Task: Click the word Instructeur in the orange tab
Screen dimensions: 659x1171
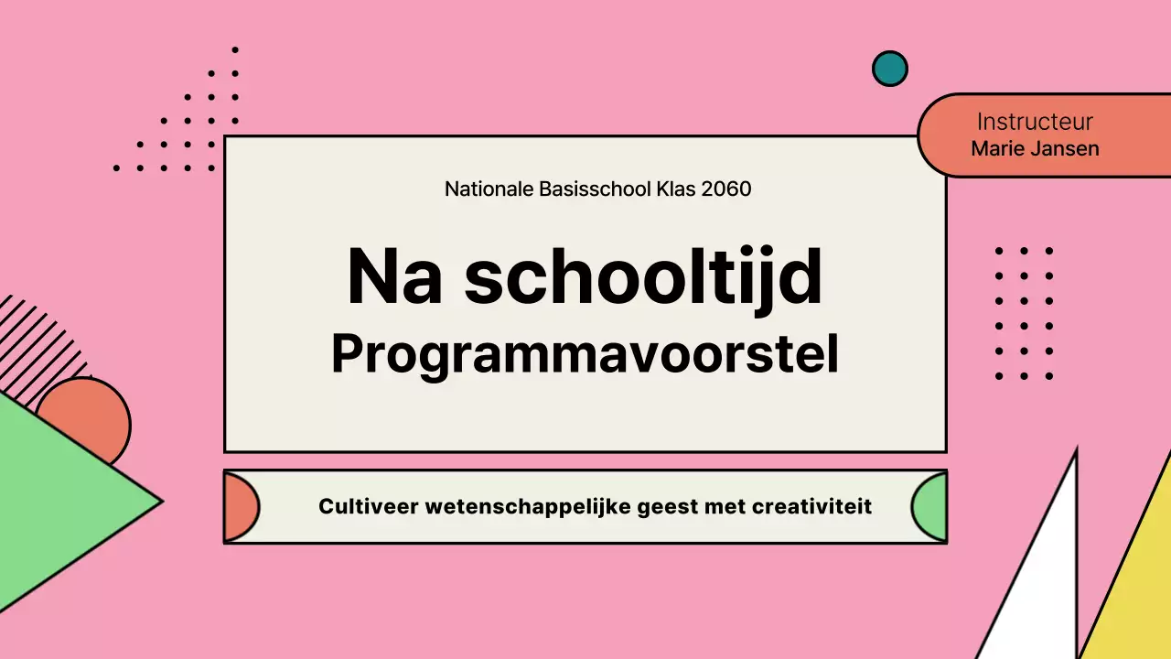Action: click(x=1035, y=122)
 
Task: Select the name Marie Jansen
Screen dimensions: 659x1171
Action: click(x=1035, y=148)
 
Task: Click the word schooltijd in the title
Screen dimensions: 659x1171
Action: click(x=643, y=277)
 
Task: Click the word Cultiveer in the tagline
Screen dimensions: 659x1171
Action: click(x=368, y=506)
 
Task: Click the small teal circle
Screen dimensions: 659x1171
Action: click(x=889, y=69)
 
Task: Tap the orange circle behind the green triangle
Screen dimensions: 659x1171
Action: click(x=91, y=407)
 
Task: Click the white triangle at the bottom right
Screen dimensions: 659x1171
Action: click(x=1043, y=586)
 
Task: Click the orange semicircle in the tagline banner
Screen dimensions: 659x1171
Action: click(x=240, y=506)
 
